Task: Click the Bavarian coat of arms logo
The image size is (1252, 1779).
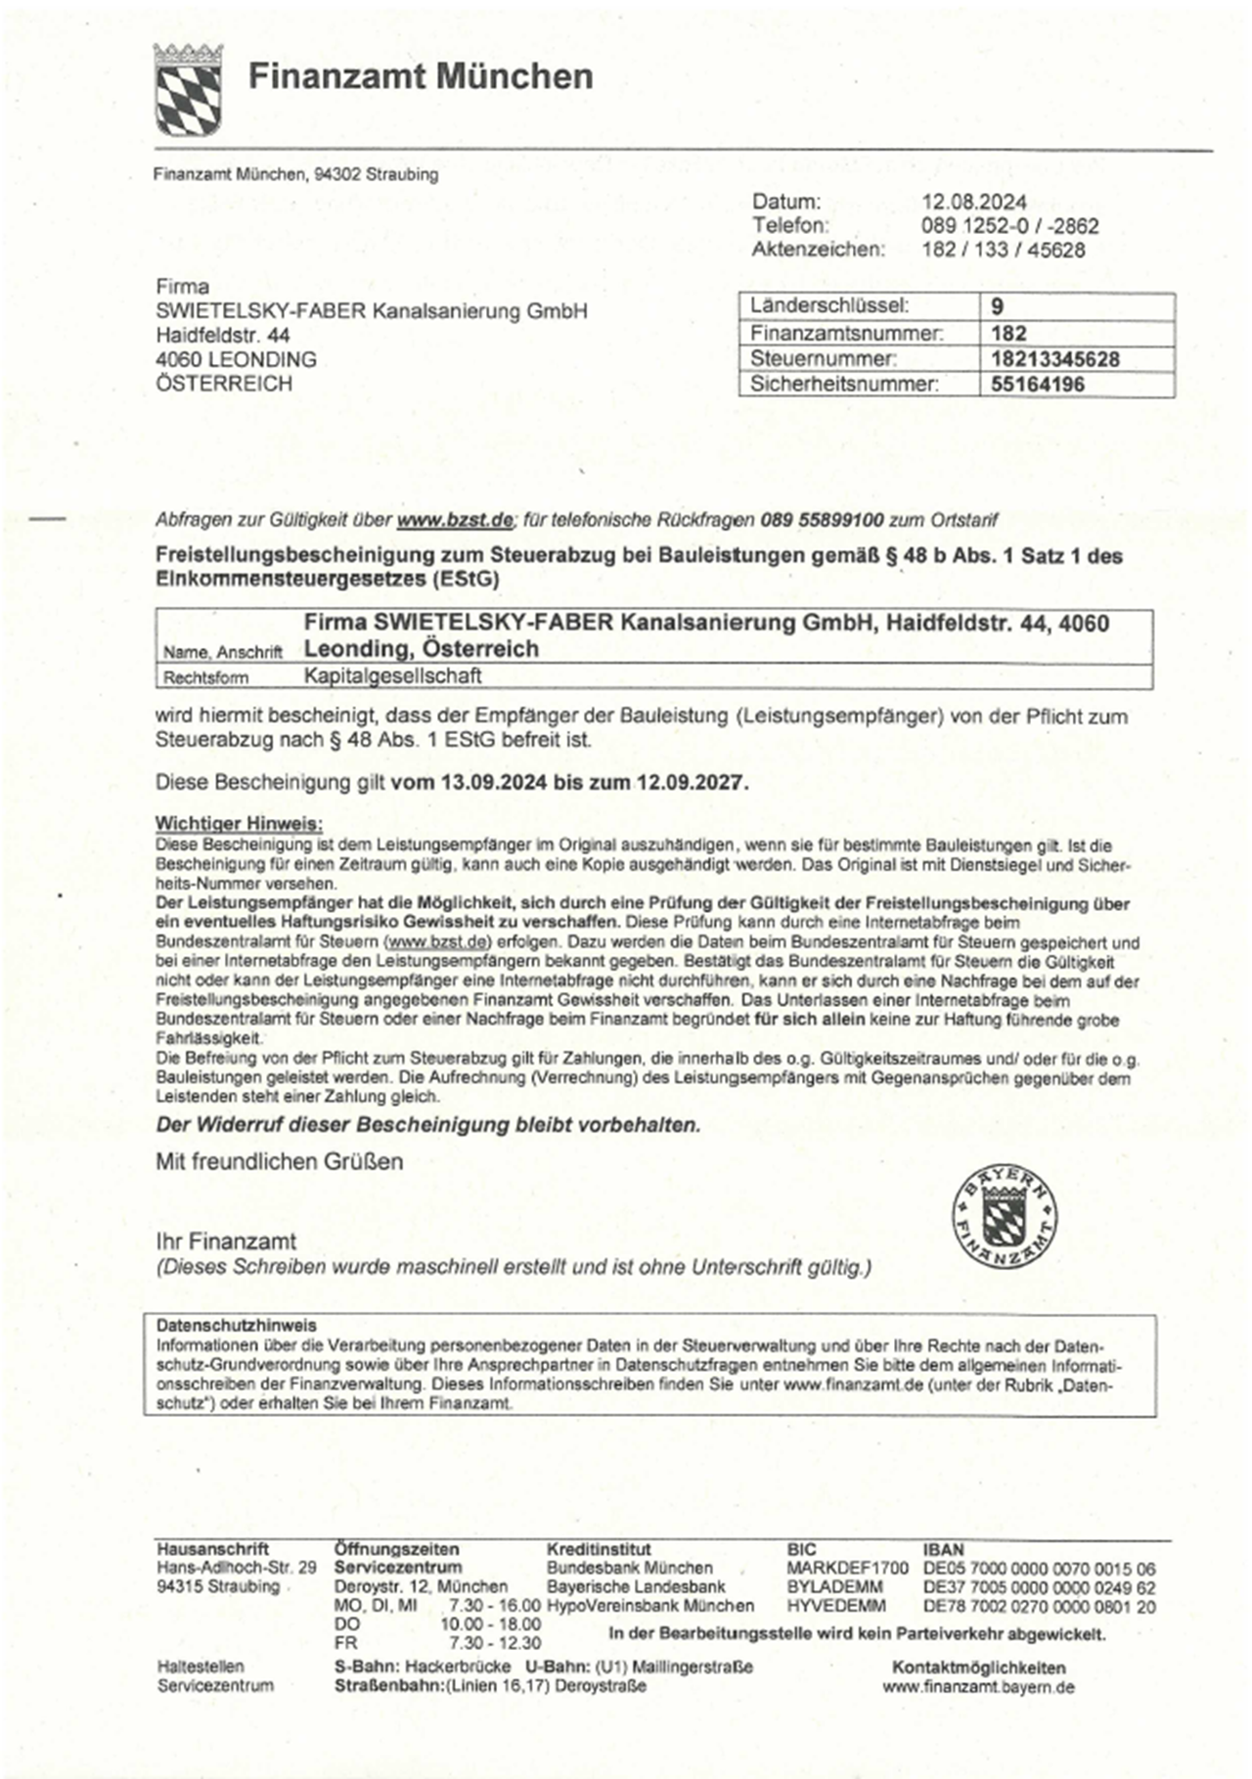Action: pos(188,89)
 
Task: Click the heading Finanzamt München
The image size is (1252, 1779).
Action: pos(420,77)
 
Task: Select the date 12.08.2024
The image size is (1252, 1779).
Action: pos(973,203)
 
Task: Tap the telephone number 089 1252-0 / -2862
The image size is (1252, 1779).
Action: pos(1009,226)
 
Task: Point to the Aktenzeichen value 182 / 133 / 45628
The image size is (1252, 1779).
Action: pos(1003,250)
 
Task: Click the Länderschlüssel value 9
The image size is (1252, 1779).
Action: pos(997,306)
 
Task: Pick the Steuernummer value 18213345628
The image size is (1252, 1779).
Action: pos(1054,359)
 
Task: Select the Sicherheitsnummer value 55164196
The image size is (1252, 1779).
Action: pos(1037,385)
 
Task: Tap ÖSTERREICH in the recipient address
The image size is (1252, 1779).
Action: pos(224,384)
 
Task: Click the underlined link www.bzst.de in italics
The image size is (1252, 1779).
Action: pos(454,520)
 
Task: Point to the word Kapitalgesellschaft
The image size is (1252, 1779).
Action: pos(392,676)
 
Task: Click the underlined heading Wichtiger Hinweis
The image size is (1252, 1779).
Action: pos(239,823)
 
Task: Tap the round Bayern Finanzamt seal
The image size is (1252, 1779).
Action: pos(1004,1216)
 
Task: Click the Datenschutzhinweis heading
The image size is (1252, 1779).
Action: pos(237,1326)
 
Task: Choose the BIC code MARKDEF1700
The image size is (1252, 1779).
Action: pos(847,1569)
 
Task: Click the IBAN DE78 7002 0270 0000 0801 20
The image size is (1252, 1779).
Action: pos(1039,1606)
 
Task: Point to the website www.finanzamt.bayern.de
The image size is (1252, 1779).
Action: pos(978,1687)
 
